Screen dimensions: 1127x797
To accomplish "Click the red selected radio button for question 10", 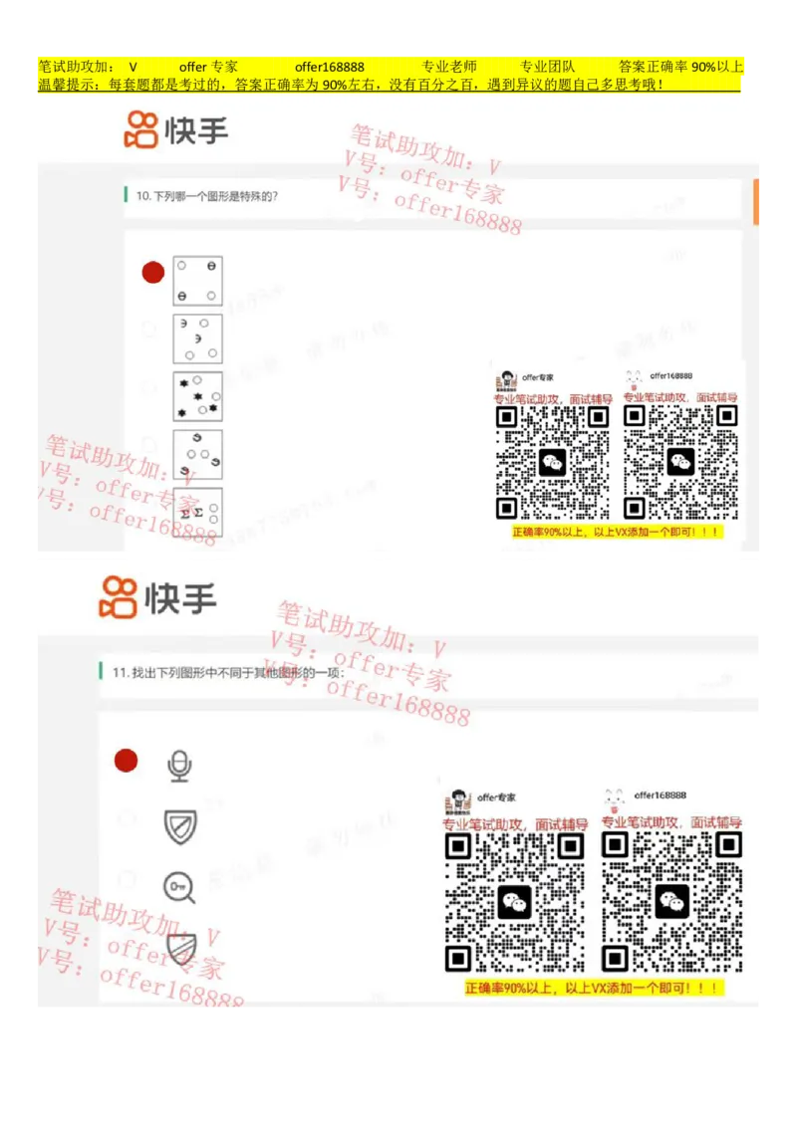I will tap(152, 273).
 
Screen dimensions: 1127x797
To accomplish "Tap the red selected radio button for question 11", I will tap(126, 761).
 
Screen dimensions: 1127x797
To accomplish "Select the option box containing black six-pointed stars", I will tap(197, 396).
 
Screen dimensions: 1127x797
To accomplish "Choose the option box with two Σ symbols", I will tap(197, 512).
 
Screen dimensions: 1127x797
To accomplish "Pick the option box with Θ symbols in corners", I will tap(197, 281).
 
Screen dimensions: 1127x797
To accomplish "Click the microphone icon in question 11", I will tap(179, 766).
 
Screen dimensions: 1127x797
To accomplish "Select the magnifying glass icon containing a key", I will tap(179, 886).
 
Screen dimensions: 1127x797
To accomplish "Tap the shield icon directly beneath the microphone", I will tap(180, 826).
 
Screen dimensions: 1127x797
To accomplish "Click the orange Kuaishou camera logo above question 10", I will tap(140, 129).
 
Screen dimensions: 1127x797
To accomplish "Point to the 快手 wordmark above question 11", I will tap(180, 598).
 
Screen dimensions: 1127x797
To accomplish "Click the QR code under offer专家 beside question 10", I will tap(553, 462).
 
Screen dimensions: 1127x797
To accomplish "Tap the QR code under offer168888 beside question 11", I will tap(671, 902).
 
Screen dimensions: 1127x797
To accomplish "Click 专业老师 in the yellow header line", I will tap(448, 67).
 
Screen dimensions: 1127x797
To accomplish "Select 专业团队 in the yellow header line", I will tap(548, 67).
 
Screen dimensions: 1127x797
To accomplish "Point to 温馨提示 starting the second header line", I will tap(66, 85).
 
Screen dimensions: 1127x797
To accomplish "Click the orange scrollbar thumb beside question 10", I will tap(758, 202).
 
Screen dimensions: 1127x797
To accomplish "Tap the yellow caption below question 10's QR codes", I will tap(616, 533).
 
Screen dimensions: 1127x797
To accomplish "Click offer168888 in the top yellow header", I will tap(329, 67).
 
